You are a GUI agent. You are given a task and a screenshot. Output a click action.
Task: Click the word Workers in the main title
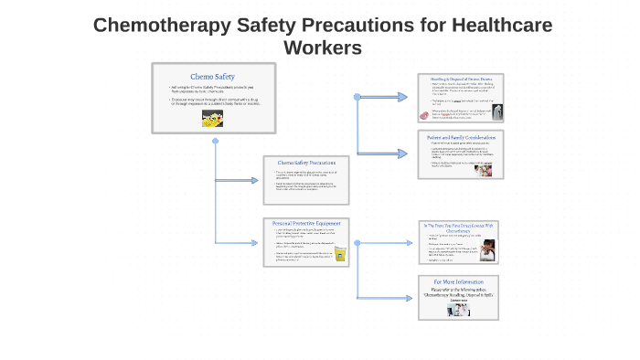point(323,48)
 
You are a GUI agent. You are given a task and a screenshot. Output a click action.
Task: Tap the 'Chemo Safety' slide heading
point(213,76)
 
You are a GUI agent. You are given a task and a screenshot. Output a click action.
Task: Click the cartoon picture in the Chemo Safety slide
point(213,119)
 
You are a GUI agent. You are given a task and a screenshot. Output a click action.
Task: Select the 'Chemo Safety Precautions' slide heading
point(306,163)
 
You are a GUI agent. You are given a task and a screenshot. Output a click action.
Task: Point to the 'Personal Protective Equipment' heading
point(306,223)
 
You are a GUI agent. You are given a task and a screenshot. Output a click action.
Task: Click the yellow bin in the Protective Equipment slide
point(340,255)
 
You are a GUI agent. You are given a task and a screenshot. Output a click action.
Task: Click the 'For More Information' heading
point(458,281)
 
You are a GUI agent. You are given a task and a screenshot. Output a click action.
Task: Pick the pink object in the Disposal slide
point(423,116)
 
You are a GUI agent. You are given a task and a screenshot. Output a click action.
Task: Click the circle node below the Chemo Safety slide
point(215,142)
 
